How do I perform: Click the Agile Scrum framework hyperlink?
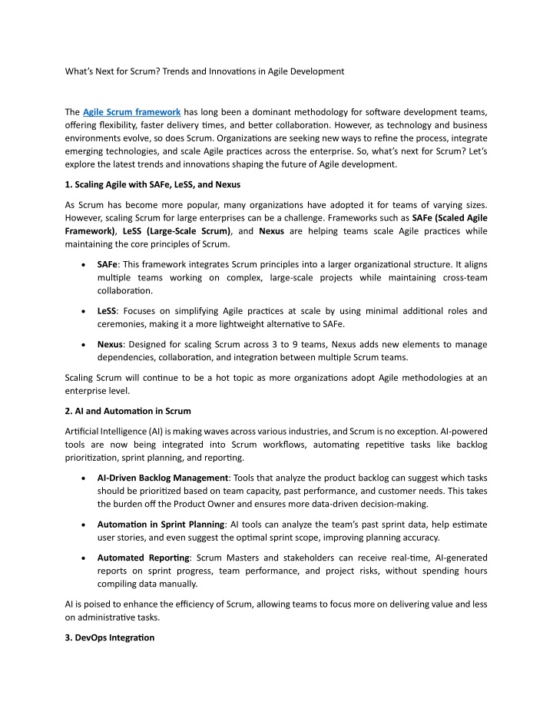[131, 113]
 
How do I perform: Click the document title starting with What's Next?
[204, 71]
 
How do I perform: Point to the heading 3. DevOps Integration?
[110, 638]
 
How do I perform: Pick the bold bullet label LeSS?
[108, 311]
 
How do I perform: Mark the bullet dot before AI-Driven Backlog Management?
[82, 477]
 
